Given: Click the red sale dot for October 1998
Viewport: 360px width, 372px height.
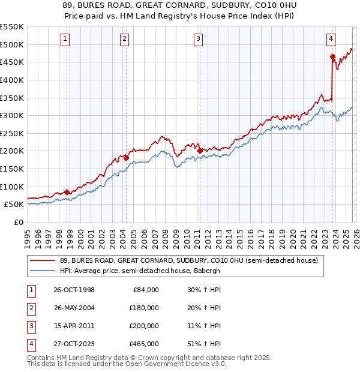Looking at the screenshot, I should coord(67,192).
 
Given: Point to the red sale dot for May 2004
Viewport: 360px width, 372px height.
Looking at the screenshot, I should coord(126,158).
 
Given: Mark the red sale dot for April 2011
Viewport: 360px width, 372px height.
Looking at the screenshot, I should coord(199,151).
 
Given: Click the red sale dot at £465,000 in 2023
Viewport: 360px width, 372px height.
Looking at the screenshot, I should coord(332,57).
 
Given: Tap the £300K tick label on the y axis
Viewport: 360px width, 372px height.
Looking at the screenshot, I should coord(12,115).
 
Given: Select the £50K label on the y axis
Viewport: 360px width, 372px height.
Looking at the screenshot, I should coord(14,204).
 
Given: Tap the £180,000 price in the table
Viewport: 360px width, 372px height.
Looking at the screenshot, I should coord(144,308).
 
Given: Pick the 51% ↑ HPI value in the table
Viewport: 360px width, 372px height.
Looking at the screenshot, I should coord(203,344).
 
